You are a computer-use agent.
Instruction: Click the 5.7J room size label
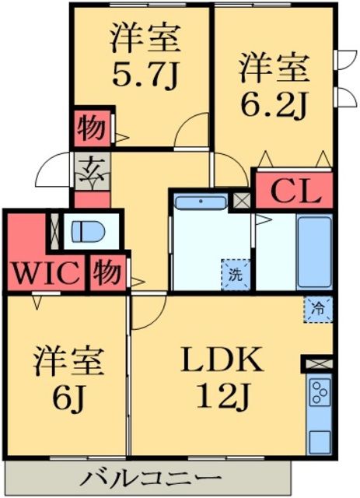tap(145, 75)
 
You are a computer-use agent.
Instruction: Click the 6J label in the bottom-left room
tap(68, 398)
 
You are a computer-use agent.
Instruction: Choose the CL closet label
tap(295, 191)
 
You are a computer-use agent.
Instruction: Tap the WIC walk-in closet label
tap(45, 274)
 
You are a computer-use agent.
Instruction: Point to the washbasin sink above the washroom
tap(200, 202)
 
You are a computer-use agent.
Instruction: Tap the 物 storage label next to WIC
tap(107, 274)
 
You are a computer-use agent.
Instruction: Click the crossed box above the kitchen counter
tap(318, 363)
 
